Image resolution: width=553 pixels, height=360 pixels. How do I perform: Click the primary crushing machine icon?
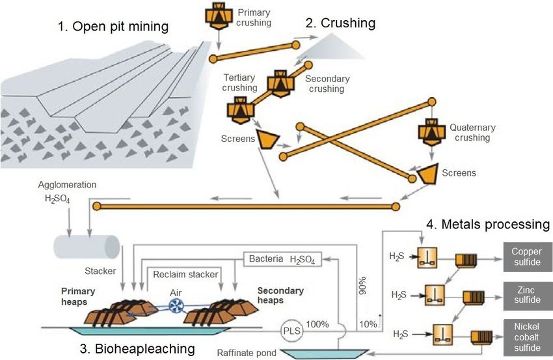[x=219, y=16]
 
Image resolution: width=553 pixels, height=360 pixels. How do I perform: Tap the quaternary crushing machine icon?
[x=432, y=133]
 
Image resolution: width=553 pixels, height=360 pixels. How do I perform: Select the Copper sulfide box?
[x=528, y=257]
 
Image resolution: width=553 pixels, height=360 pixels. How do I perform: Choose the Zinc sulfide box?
[x=528, y=296]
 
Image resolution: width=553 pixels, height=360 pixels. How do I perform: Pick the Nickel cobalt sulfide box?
[x=528, y=337]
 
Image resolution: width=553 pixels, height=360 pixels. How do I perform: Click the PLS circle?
[x=292, y=331]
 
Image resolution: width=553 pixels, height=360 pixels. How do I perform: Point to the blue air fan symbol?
[x=175, y=306]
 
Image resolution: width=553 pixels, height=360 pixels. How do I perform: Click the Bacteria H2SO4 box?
[x=282, y=259]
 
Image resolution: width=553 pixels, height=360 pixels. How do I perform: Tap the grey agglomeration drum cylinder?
[x=87, y=247]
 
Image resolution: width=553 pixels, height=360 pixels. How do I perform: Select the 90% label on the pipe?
[x=362, y=286]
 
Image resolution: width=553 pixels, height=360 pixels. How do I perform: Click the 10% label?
[x=368, y=324]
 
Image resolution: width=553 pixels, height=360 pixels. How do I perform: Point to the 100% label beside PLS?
[x=317, y=324]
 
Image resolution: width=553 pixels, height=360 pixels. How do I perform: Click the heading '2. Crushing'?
[x=340, y=23]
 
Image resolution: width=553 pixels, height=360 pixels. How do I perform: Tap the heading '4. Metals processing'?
[x=488, y=225]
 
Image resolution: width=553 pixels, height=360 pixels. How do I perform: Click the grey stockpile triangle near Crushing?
[x=332, y=46]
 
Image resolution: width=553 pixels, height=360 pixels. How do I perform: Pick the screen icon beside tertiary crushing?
[x=268, y=139]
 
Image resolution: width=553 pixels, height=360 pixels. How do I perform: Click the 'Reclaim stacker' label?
[x=185, y=275]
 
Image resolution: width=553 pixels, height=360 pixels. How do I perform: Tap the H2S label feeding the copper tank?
[x=397, y=256]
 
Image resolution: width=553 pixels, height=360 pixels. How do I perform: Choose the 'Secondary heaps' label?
[x=280, y=296]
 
